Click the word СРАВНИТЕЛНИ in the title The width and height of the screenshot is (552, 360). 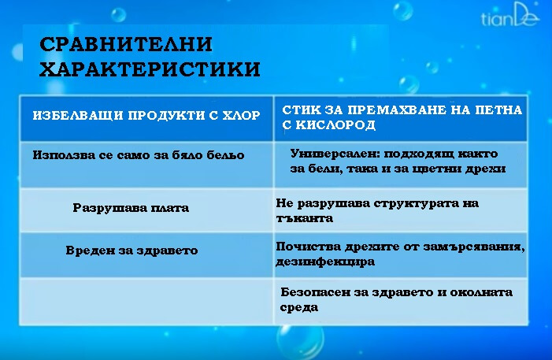pyautogui.click(x=126, y=45)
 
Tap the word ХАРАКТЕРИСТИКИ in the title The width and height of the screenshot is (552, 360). pyautogui.click(x=150, y=69)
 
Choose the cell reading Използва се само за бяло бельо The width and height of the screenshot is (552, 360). pyautogui.click(x=139, y=154)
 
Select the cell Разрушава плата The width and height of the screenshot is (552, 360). pyautogui.click(x=131, y=209)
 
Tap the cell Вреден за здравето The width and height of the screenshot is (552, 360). pyautogui.click(x=132, y=251)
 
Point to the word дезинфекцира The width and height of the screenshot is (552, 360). pyautogui.click(x=325, y=261)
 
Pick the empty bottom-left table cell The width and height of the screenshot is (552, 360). pyautogui.click(x=146, y=299)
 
